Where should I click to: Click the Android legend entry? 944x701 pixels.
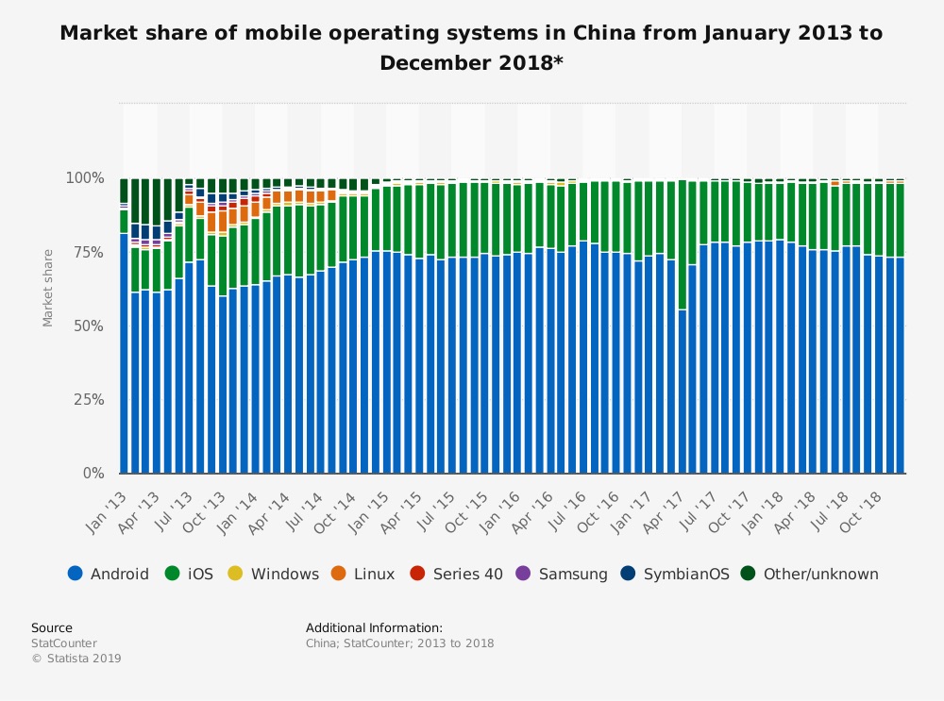pyautogui.click(x=109, y=574)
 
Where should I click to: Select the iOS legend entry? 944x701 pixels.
pyautogui.click(x=192, y=574)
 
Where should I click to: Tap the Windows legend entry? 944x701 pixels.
pyautogui.click(x=274, y=574)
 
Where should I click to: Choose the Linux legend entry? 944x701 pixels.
pyautogui.click(x=363, y=574)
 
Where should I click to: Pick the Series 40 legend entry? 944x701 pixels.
pyautogui.click(x=457, y=574)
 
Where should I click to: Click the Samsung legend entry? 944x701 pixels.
pyautogui.click(x=563, y=574)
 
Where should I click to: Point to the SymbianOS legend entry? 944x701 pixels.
pyautogui.click(x=676, y=574)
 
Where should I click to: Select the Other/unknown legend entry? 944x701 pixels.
pyautogui.click(x=810, y=574)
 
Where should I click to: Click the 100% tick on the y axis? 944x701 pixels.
pyautogui.click(x=85, y=177)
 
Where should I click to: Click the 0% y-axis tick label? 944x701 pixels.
pyautogui.click(x=93, y=473)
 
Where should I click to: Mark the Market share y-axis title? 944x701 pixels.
pyautogui.click(x=48, y=288)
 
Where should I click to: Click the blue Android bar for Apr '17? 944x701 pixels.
pyautogui.click(x=682, y=392)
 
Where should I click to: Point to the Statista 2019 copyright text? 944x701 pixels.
pyautogui.click(x=76, y=659)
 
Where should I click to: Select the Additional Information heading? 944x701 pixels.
pyautogui.click(x=374, y=627)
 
